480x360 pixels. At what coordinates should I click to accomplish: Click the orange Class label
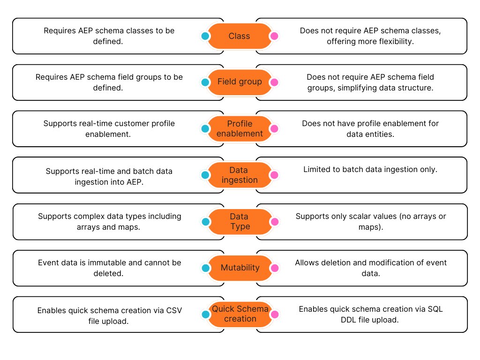pos(240,36)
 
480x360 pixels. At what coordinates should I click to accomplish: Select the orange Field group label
pos(240,82)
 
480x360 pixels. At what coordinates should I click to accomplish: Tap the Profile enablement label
pos(240,128)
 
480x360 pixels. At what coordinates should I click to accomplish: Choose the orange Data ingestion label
pos(240,175)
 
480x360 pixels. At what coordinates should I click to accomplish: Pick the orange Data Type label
pos(240,221)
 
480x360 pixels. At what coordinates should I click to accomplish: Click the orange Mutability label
pos(240,268)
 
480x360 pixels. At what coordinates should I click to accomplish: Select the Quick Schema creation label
pos(240,314)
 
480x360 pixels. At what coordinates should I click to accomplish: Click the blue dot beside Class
pos(205,36)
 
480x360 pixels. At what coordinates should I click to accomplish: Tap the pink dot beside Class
pos(274,36)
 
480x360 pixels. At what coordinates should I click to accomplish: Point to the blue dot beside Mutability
pos(205,268)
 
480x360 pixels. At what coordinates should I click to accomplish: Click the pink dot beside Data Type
pos(274,222)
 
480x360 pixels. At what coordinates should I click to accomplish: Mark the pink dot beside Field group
pos(274,82)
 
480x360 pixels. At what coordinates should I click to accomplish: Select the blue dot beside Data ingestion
pos(205,175)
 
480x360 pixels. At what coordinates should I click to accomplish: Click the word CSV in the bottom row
pos(174,310)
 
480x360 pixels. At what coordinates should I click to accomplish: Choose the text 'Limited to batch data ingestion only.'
pos(370,170)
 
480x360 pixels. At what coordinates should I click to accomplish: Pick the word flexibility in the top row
pos(394,41)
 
